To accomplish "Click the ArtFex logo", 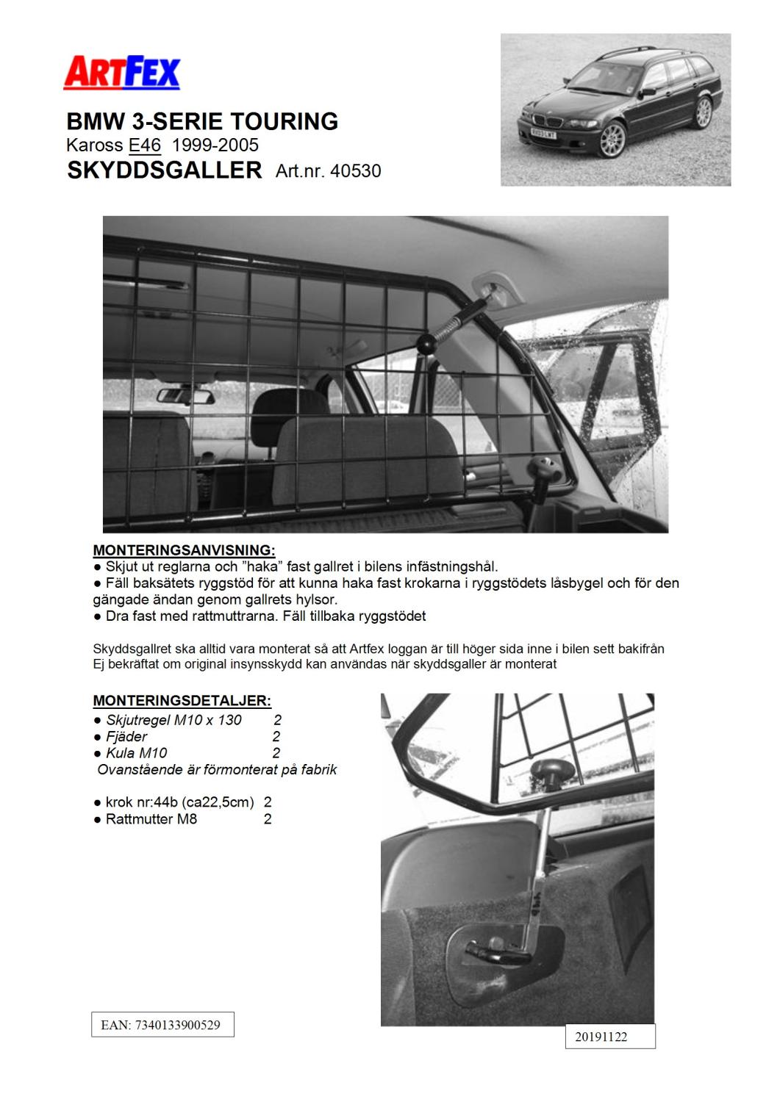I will click(x=122, y=73).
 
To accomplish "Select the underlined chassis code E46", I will click(x=144, y=145).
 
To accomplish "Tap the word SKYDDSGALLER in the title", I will click(x=164, y=170).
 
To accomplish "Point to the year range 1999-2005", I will click(x=215, y=145).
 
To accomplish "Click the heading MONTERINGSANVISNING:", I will click(x=184, y=550).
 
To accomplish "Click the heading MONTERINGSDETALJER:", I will click(x=182, y=700).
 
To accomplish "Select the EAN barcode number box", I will click(x=162, y=1025).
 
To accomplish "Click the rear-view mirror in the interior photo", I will click(x=185, y=397).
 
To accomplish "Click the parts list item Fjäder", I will click(x=126, y=736).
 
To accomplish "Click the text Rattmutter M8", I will click(x=151, y=819).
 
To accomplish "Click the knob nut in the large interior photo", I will click(x=545, y=468).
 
